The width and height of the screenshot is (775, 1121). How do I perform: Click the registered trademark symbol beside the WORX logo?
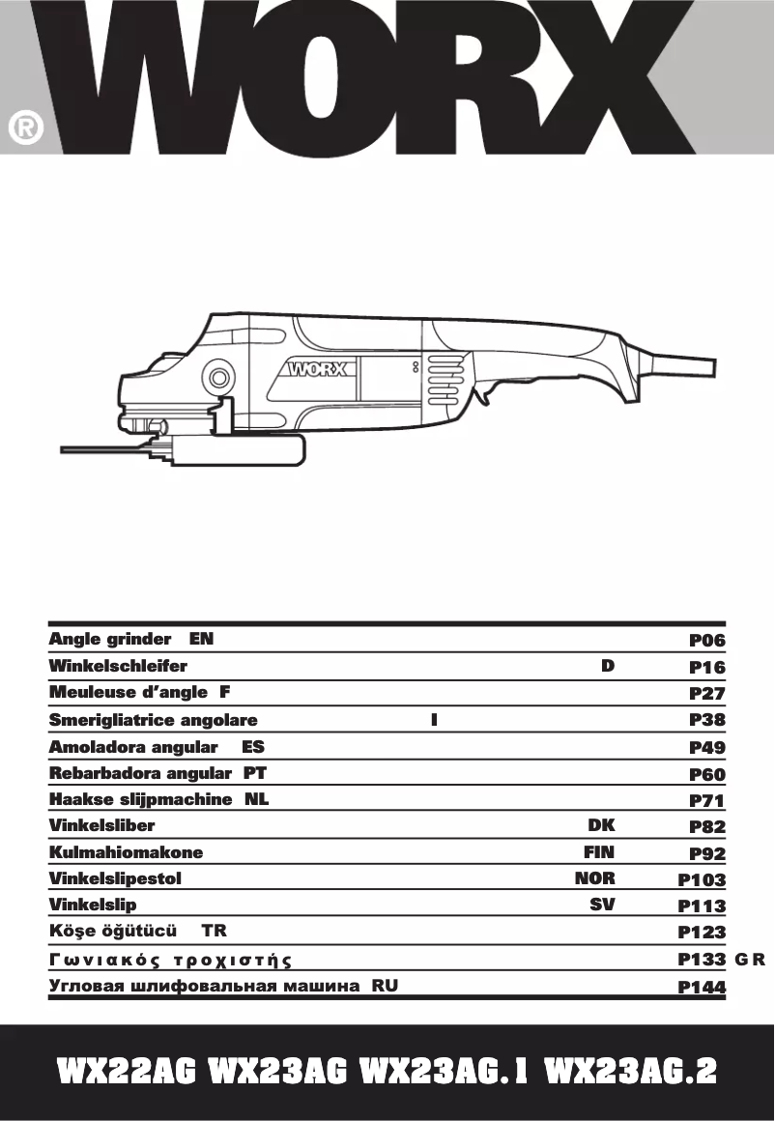click(26, 129)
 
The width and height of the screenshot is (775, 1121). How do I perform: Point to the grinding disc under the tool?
click(106, 449)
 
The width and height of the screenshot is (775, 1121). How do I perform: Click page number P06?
click(706, 640)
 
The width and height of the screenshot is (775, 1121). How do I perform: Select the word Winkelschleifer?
click(118, 666)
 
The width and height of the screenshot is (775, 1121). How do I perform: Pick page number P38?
click(706, 720)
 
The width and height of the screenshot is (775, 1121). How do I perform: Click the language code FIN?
click(598, 852)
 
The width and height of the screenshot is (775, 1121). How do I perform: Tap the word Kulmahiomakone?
click(126, 852)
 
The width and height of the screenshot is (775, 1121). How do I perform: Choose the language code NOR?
click(594, 879)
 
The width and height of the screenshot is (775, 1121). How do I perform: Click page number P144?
click(702, 987)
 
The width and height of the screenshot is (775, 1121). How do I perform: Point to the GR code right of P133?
click(750, 960)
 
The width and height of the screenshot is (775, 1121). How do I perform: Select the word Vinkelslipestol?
click(115, 879)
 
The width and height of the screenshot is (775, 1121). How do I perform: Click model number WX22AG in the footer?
click(127, 1072)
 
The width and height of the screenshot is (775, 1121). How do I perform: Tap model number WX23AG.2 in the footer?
click(630, 1072)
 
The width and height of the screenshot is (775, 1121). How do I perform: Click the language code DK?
click(601, 825)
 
